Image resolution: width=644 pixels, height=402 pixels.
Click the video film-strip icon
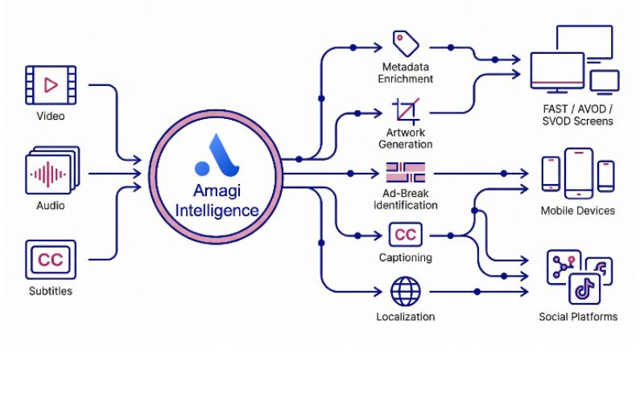[x=51, y=85]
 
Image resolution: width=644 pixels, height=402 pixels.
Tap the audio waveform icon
[x=52, y=172]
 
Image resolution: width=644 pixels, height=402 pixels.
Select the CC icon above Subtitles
[x=51, y=260]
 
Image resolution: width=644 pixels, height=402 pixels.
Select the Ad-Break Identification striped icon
[x=405, y=173]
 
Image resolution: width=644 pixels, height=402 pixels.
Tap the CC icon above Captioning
[x=405, y=235]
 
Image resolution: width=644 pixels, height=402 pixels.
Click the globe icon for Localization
[x=405, y=291]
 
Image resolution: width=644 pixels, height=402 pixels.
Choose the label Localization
[x=406, y=317]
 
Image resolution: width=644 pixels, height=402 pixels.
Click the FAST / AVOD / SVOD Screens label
[x=576, y=114]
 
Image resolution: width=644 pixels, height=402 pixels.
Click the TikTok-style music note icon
[x=585, y=288]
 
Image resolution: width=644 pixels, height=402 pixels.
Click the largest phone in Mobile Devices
[x=578, y=173]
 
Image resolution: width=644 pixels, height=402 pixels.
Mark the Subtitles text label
[x=50, y=291]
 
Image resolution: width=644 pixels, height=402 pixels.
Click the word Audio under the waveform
[x=51, y=205]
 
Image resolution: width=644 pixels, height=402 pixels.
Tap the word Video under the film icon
[x=51, y=117]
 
